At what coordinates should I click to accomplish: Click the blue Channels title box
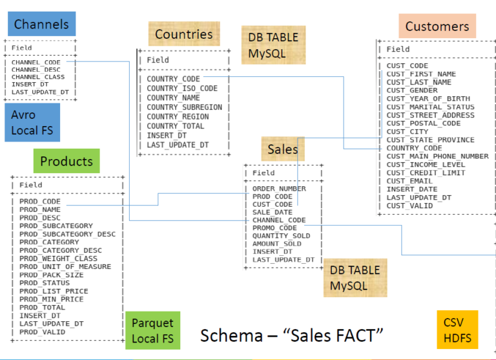42,24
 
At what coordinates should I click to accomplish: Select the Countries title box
184,34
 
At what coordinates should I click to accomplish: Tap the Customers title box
437,26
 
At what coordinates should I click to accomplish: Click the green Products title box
67,161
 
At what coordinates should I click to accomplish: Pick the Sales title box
283,149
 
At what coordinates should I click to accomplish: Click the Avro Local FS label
32,122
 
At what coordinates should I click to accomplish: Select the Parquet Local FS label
153,330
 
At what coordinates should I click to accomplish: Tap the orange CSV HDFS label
457,330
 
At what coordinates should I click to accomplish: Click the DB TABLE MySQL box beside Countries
274,45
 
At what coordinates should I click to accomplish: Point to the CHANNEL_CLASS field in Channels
38,77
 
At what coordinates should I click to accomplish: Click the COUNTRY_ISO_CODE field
182,89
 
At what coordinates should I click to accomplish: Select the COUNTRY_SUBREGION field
185,107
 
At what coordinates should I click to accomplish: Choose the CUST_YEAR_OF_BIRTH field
428,99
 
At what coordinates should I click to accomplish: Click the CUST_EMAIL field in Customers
409,181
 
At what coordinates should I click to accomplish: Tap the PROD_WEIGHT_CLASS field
58,259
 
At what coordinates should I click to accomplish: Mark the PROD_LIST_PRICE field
54,291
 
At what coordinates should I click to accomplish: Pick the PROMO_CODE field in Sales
274,228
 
